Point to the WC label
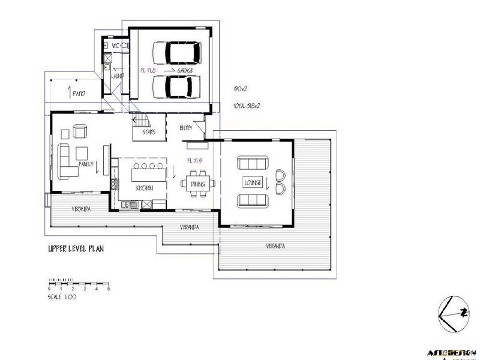(116, 45)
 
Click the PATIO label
(80, 94)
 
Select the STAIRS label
(149, 131)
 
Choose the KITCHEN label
(144, 188)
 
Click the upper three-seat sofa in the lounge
(253, 163)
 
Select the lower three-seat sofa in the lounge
(253, 200)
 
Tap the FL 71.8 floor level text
(147, 70)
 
